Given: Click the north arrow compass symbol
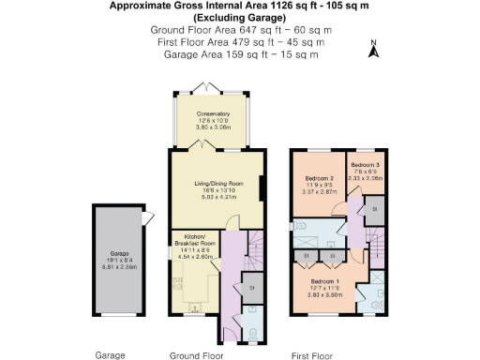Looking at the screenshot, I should tap(373, 50).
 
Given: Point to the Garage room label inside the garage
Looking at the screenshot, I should tap(118, 253).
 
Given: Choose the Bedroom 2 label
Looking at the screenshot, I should tap(320, 177).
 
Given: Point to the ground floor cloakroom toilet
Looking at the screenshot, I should tap(252, 329).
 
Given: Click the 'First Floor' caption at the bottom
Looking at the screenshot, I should tap(313, 355).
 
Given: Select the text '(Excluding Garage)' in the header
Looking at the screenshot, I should tap(240, 18).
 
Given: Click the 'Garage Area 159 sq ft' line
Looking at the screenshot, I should tap(240, 54).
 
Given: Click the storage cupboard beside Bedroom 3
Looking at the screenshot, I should tap(374, 206).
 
